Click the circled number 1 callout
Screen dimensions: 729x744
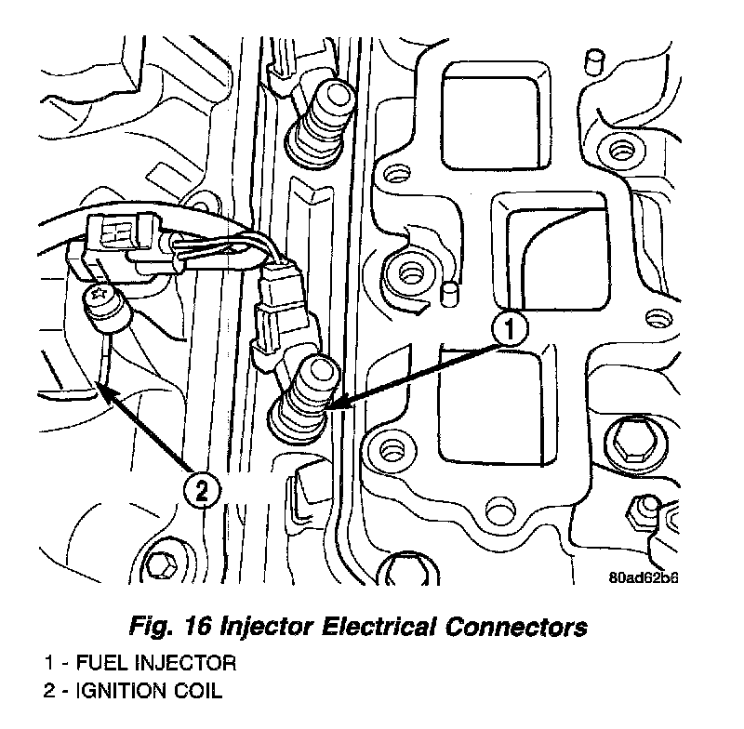(x=510, y=330)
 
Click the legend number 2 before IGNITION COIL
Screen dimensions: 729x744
(x=47, y=692)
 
